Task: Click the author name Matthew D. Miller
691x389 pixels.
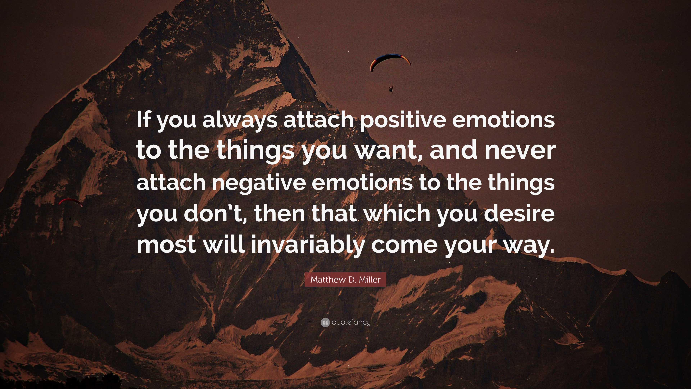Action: pyautogui.click(x=345, y=280)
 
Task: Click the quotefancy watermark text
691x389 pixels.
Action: pyautogui.click(x=351, y=322)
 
